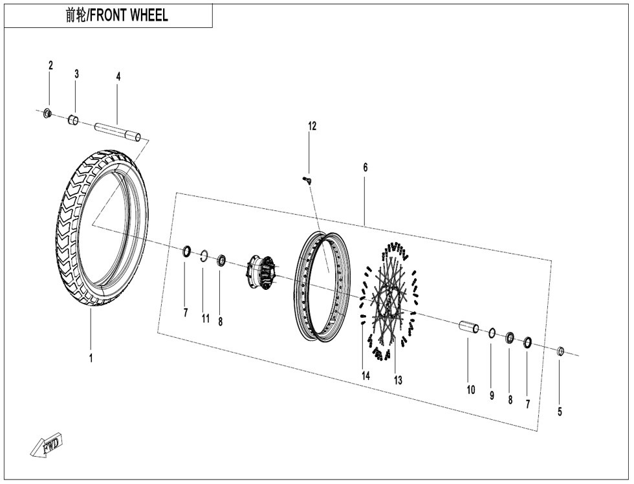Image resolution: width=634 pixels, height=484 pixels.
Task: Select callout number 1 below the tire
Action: [91, 358]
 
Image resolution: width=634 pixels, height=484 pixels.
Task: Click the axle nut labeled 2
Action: [47, 114]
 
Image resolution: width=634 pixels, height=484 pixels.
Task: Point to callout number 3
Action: [76, 74]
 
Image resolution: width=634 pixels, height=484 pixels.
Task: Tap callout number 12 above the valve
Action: [312, 126]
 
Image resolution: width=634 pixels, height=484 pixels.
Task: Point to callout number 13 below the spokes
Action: [398, 380]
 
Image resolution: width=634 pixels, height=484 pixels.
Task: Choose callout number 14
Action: [366, 375]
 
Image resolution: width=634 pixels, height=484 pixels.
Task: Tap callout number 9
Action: [492, 395]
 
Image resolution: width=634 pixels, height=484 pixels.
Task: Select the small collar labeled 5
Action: [561, 351]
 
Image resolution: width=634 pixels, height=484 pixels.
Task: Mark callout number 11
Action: [205, 318]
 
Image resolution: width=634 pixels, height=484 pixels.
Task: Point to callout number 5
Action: [560, 411]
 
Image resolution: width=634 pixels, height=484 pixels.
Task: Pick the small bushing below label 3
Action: [74, 120]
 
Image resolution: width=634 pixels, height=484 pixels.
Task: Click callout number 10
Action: [471, 390]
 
